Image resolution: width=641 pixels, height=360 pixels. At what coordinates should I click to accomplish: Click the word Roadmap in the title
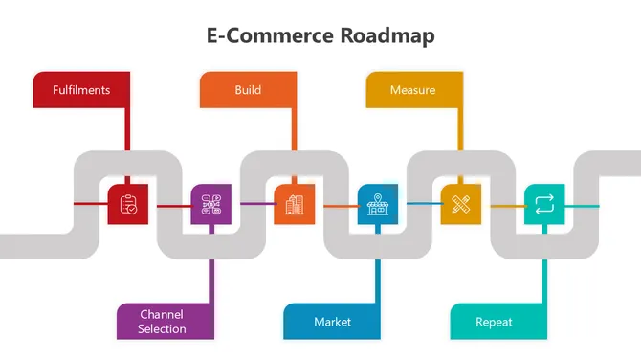[387, 36]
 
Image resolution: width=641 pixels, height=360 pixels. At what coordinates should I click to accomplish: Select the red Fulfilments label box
[81, 90]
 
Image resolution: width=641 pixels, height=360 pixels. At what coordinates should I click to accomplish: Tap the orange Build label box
[248, 90]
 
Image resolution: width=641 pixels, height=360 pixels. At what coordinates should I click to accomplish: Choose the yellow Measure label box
[414, 90]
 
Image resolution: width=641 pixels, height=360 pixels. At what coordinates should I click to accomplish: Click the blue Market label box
[331, 322]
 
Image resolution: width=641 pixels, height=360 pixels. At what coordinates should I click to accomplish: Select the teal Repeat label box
[497, 322]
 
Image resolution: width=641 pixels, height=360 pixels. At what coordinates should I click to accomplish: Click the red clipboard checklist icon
[128, 204]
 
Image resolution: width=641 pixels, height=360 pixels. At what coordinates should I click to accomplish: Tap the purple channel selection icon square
[211, 204]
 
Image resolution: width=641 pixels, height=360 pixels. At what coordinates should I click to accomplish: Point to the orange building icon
[295, 204]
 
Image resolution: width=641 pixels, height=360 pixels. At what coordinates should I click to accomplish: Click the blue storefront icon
[378, 204]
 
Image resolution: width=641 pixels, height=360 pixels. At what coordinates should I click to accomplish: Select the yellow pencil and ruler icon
[461, 204]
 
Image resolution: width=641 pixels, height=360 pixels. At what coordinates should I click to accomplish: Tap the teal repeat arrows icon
[544, 204]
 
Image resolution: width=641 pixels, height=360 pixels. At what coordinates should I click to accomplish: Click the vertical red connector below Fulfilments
[127, 129]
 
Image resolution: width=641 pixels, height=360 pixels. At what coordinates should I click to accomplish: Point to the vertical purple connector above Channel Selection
[210, 278]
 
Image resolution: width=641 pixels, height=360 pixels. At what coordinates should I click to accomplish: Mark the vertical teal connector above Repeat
[544, 278]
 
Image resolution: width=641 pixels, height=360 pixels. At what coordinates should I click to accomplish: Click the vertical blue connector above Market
[378, 278]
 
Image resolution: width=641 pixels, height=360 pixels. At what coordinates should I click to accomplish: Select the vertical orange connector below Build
[294, 129]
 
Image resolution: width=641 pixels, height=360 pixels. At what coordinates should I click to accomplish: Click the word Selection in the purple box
[162, 329]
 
